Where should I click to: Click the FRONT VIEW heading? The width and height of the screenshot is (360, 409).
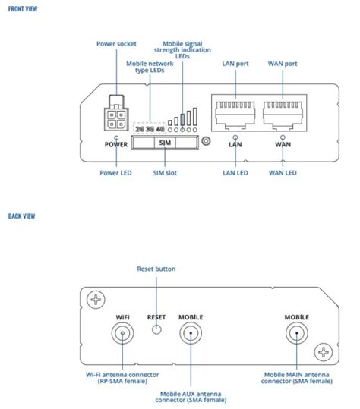pos(22,8)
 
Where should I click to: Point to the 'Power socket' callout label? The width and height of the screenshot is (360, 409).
pos(115,43)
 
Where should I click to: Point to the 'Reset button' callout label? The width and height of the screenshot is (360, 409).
pos(156,269)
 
